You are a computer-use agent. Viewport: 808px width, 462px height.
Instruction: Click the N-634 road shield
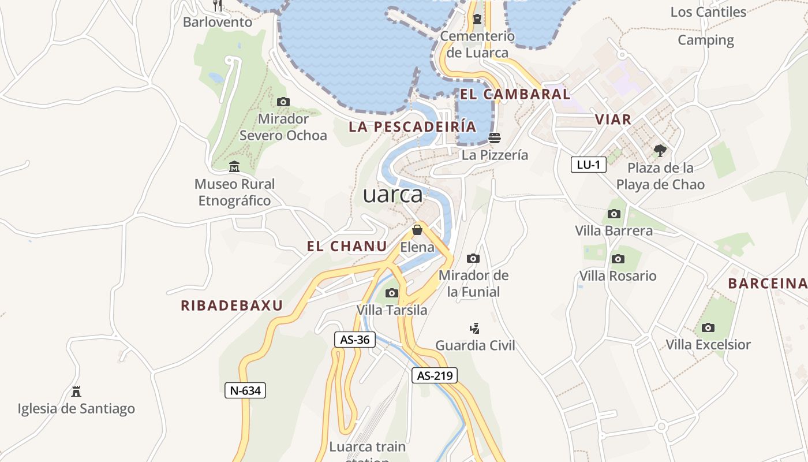(x=245, y=390)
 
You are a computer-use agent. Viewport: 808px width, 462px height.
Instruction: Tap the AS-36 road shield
(x=354, y=340)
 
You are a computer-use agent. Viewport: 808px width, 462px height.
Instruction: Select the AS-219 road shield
(x=435, y=375)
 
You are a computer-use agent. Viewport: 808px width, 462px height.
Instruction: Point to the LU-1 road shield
(x=589, y=165)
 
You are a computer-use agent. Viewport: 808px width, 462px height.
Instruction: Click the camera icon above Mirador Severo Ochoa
(x=283, y=102)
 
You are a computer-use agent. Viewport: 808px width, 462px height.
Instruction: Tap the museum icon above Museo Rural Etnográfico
(x=234, y=167)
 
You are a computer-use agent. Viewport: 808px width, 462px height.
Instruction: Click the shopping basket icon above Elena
(x=417, y=230)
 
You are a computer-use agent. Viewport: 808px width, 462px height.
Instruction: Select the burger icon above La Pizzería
(x=495, y=138)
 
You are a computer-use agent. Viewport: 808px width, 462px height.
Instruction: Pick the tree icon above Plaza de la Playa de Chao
(x=660, y=151)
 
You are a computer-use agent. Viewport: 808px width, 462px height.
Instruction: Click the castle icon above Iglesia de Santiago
(x=76, y=392)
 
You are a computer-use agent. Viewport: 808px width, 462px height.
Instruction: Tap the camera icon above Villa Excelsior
(x=708, y=328)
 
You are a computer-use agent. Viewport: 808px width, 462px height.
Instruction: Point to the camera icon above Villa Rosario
(x=618, y=259)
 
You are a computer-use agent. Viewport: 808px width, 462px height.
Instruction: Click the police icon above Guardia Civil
(x=474, y=329)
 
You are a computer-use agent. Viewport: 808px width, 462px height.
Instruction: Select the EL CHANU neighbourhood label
(x=347, y=247)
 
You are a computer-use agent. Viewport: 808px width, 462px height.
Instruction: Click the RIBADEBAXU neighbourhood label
(x=232, y=305)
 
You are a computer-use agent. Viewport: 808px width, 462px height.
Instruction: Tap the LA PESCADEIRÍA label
(x=413, y=126)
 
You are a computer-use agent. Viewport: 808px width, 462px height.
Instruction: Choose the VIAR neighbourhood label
(x=613, y=120)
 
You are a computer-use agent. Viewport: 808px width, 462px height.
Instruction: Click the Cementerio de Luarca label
(x=477, y=44)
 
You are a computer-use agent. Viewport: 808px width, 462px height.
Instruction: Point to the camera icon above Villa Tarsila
(x=392, y=293)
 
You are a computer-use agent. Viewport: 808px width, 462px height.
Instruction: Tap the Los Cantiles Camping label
(x=708, y=26)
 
